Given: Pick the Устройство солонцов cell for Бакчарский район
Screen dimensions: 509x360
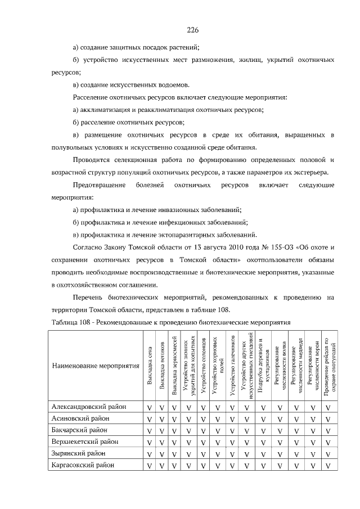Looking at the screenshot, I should point(202,431).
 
